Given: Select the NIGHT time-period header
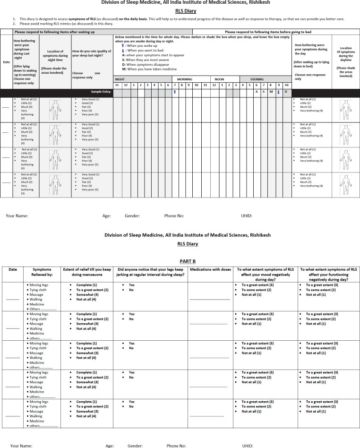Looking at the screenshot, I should coord(120,79).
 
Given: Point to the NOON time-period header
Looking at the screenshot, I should coord(219,79).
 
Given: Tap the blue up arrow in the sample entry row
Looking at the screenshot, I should coord(175,92).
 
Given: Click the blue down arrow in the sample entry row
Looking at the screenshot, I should coord(278,92).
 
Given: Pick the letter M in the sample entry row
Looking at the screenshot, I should coord(271,92).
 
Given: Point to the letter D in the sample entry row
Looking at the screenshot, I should coord(286,92).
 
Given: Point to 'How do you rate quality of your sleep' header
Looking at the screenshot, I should coord(92,53).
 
